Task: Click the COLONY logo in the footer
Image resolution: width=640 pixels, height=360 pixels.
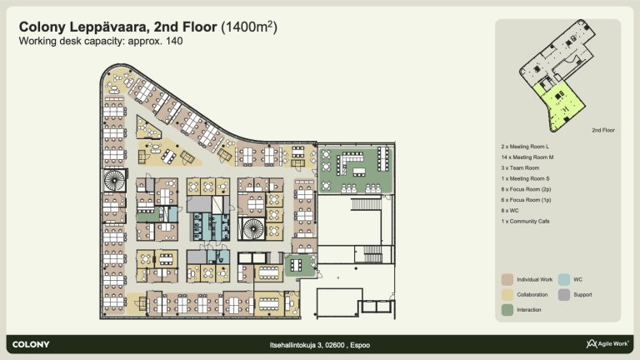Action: point(31,344)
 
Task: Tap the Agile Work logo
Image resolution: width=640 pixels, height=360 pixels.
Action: point(607,343)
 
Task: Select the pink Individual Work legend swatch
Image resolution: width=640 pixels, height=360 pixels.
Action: point(507,280)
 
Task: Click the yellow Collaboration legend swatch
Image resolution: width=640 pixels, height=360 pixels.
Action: point(507,295)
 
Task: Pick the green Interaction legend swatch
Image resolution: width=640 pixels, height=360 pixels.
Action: point(507,310)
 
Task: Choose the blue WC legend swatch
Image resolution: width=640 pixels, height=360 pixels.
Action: point(564,280)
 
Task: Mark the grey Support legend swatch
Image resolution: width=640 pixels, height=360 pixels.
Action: point(564,295)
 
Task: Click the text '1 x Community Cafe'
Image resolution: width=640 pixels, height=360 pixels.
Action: point(525,221)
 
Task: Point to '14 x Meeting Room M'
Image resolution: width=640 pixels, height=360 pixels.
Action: point(527,157)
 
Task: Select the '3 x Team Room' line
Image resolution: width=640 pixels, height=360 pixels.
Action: point(520,167)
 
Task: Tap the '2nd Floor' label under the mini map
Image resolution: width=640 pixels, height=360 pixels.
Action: point(603,130)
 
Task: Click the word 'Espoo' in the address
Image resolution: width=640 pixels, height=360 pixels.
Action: point(360,345)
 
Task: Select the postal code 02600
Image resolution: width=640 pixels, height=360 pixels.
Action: point(335,345)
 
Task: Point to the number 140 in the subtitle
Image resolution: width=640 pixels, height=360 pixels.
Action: point(174,41)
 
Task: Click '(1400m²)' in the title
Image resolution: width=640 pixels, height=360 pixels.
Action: point(249,27)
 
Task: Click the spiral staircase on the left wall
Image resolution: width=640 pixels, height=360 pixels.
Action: point(114,180)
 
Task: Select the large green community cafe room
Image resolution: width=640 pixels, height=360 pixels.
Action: point(356,170)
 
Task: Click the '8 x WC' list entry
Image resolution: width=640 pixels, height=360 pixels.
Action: point(510,211)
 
